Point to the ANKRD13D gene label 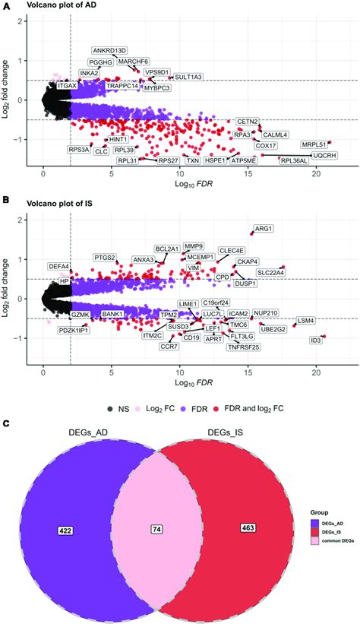point(110,51)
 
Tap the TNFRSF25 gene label point(243,347)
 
